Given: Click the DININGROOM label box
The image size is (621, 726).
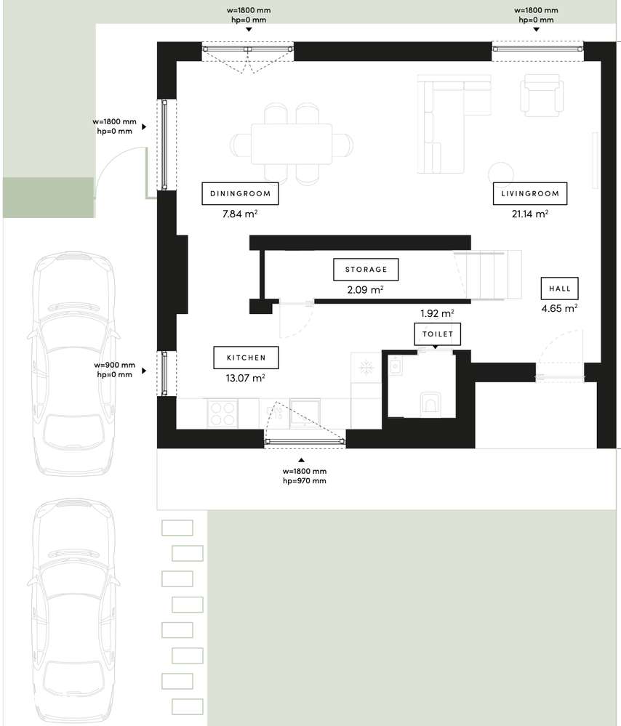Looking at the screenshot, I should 240,193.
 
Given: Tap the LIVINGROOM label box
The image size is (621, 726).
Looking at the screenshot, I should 529,193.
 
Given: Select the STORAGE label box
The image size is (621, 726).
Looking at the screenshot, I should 366,270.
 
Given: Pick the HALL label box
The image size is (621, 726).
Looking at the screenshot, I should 559,289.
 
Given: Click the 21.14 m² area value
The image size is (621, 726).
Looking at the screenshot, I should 529,214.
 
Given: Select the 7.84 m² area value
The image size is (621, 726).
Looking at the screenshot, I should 240,214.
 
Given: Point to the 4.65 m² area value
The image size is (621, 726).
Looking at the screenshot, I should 559,308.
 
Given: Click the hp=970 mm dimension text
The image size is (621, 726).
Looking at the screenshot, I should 304,481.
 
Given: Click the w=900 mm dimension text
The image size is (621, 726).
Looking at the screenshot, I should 114,365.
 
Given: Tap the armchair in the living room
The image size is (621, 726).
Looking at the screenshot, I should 542,96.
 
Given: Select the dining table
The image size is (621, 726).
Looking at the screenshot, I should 292,144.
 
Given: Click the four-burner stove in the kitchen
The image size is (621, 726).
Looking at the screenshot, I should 222,414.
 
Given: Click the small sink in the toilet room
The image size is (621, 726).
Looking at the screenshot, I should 396,366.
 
